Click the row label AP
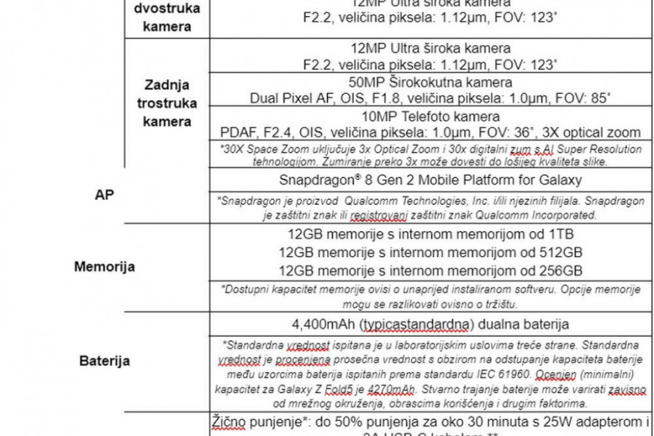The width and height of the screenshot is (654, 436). [x=105, y=197]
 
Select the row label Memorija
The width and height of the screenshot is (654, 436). [x=105, y=267]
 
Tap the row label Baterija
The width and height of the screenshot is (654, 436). [x=105, y=360]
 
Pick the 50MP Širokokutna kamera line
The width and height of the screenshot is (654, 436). [x=431, y=83]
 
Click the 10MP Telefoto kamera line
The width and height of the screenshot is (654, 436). [x=431, y=117]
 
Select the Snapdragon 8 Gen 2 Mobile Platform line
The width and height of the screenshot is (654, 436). [x=431, y=179]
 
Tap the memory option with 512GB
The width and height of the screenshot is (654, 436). [x=431, y=253]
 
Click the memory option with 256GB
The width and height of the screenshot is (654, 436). [x=431, y=270]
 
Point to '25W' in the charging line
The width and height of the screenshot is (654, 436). [x=550, y=421]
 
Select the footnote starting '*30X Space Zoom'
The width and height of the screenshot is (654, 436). [x=431, y=155]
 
